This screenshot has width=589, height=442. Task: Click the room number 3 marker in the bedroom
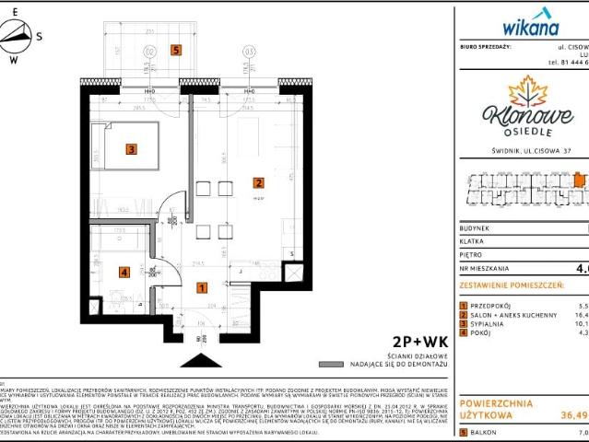point(132,147)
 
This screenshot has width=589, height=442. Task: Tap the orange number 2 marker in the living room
point(259,182)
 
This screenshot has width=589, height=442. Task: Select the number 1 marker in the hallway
point(202,287)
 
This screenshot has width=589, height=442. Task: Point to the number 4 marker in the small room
point(124,272)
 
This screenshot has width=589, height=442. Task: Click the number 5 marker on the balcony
point(176,50)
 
